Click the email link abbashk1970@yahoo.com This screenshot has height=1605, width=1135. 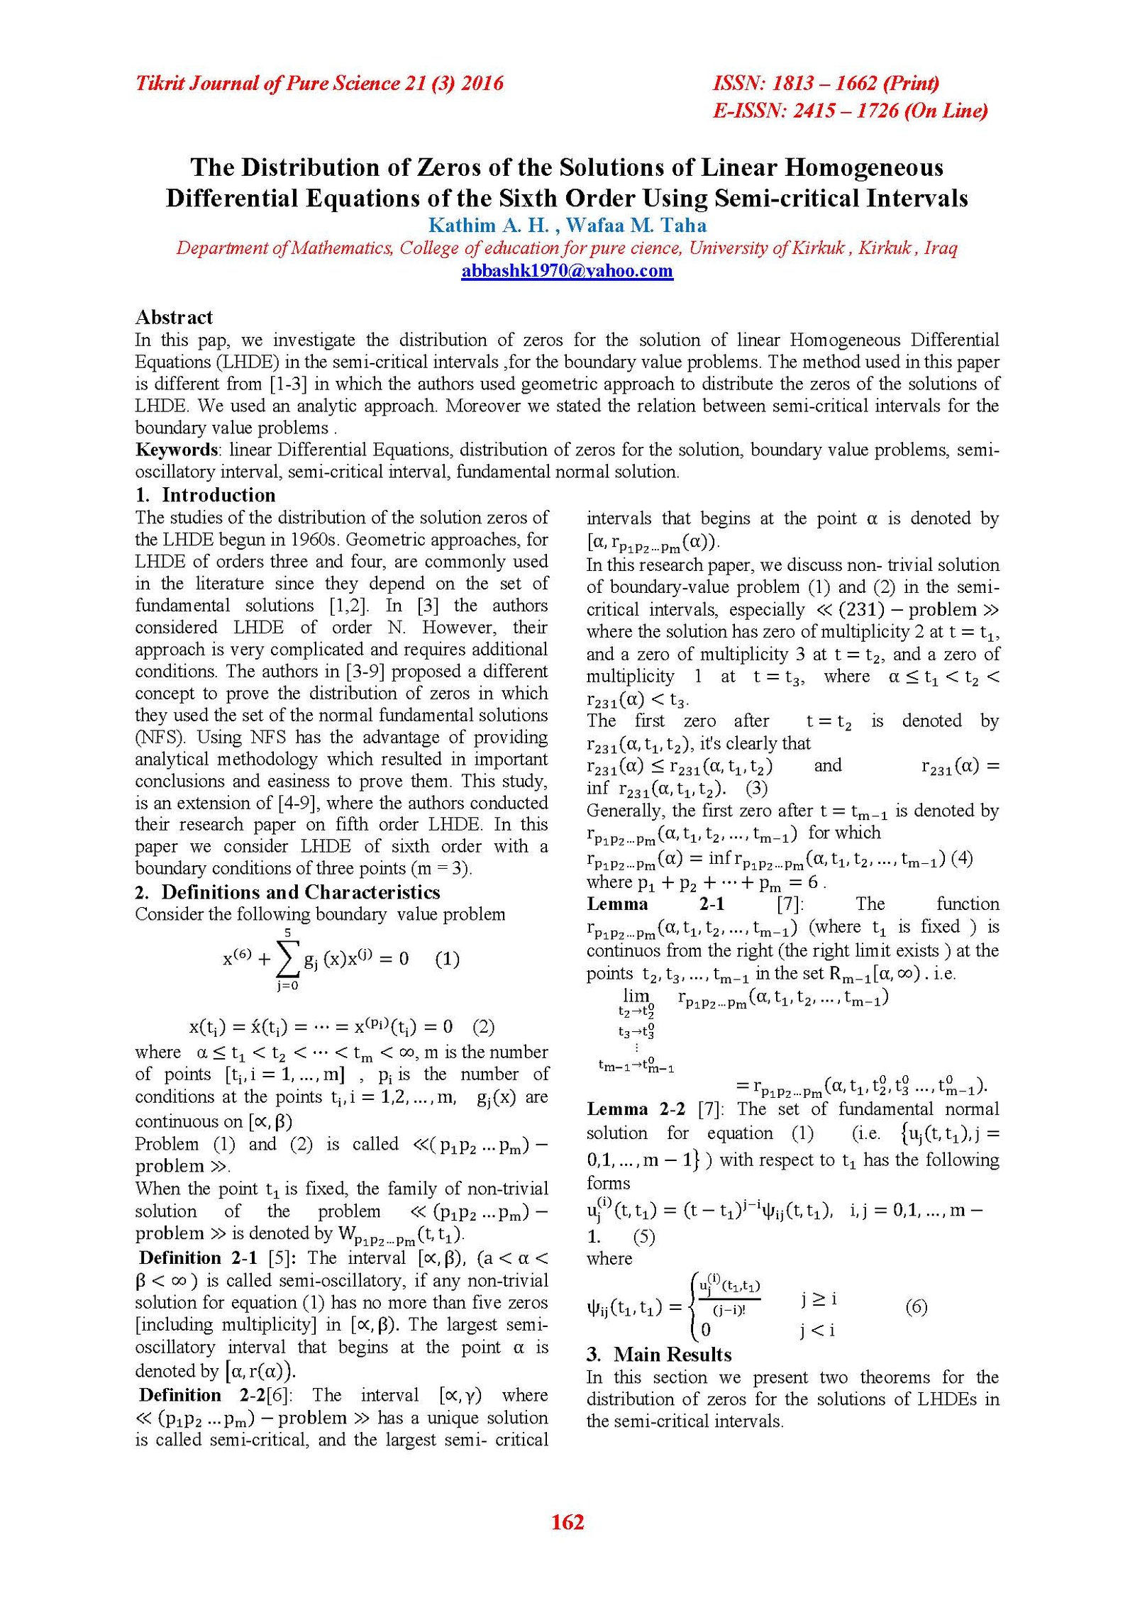coord(567,271)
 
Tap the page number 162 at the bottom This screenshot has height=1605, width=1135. coord(567,1521)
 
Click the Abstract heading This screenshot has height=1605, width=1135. coord(174,317)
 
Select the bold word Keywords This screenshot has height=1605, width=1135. coord(177,450)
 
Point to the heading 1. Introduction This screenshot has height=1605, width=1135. coord(205,495)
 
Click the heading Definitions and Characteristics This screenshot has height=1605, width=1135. coord(301,892)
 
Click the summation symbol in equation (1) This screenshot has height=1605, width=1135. coord(287,959)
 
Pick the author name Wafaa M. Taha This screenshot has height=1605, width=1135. coord(636,226)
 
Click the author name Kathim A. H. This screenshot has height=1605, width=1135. coord(489,226)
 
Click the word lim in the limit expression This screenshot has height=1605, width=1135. coord(636,995)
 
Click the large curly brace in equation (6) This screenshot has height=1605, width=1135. coord(692,1306)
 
